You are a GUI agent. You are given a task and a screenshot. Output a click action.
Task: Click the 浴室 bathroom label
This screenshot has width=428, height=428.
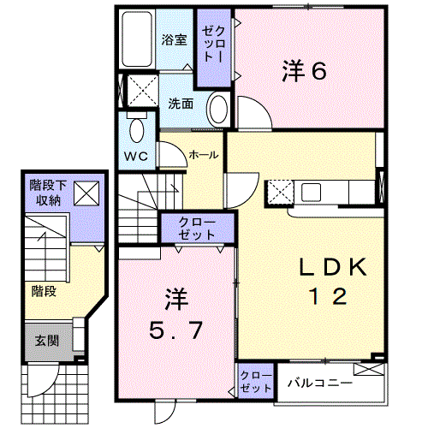click(174, 39)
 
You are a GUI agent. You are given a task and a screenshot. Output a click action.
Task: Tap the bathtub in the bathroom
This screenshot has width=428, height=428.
click(137, 39)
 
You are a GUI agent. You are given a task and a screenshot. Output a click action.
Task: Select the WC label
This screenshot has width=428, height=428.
click(136, 156)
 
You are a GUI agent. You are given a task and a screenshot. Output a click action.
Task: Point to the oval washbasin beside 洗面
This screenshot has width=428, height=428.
click(218, 109)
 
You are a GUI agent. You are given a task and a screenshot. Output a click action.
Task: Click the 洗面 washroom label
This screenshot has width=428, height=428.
click(181, 104)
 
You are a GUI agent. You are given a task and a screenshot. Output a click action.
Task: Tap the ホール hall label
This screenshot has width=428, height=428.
click(204, 155)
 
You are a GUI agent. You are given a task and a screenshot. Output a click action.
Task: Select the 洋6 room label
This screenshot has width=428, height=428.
click(304, 71)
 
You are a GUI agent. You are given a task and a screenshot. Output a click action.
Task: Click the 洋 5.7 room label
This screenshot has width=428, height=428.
click(176, 314)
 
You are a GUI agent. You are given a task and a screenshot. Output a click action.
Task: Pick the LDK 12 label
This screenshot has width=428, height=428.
click(333, 281)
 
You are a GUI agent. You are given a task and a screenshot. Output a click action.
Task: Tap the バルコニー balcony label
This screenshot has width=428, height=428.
click(320, 383)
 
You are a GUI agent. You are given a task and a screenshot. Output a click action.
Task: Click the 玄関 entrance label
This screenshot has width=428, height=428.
click(47, 341)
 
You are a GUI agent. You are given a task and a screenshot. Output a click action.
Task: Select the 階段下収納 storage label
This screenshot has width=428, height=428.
click(48, 193)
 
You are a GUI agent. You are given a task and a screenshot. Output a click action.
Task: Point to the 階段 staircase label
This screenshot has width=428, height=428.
click(44, 291)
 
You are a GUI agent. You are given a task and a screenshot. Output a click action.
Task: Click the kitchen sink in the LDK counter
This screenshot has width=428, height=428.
click(311, 193)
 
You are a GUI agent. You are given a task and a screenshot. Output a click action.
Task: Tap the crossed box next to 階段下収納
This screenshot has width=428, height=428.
click(86, 193)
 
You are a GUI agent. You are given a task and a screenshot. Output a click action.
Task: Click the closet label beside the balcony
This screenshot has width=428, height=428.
click(256, 382)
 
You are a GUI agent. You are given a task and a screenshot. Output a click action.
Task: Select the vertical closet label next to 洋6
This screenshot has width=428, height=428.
click(214, 45)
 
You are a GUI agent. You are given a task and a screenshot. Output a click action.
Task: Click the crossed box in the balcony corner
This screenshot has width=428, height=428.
click(369, 369)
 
